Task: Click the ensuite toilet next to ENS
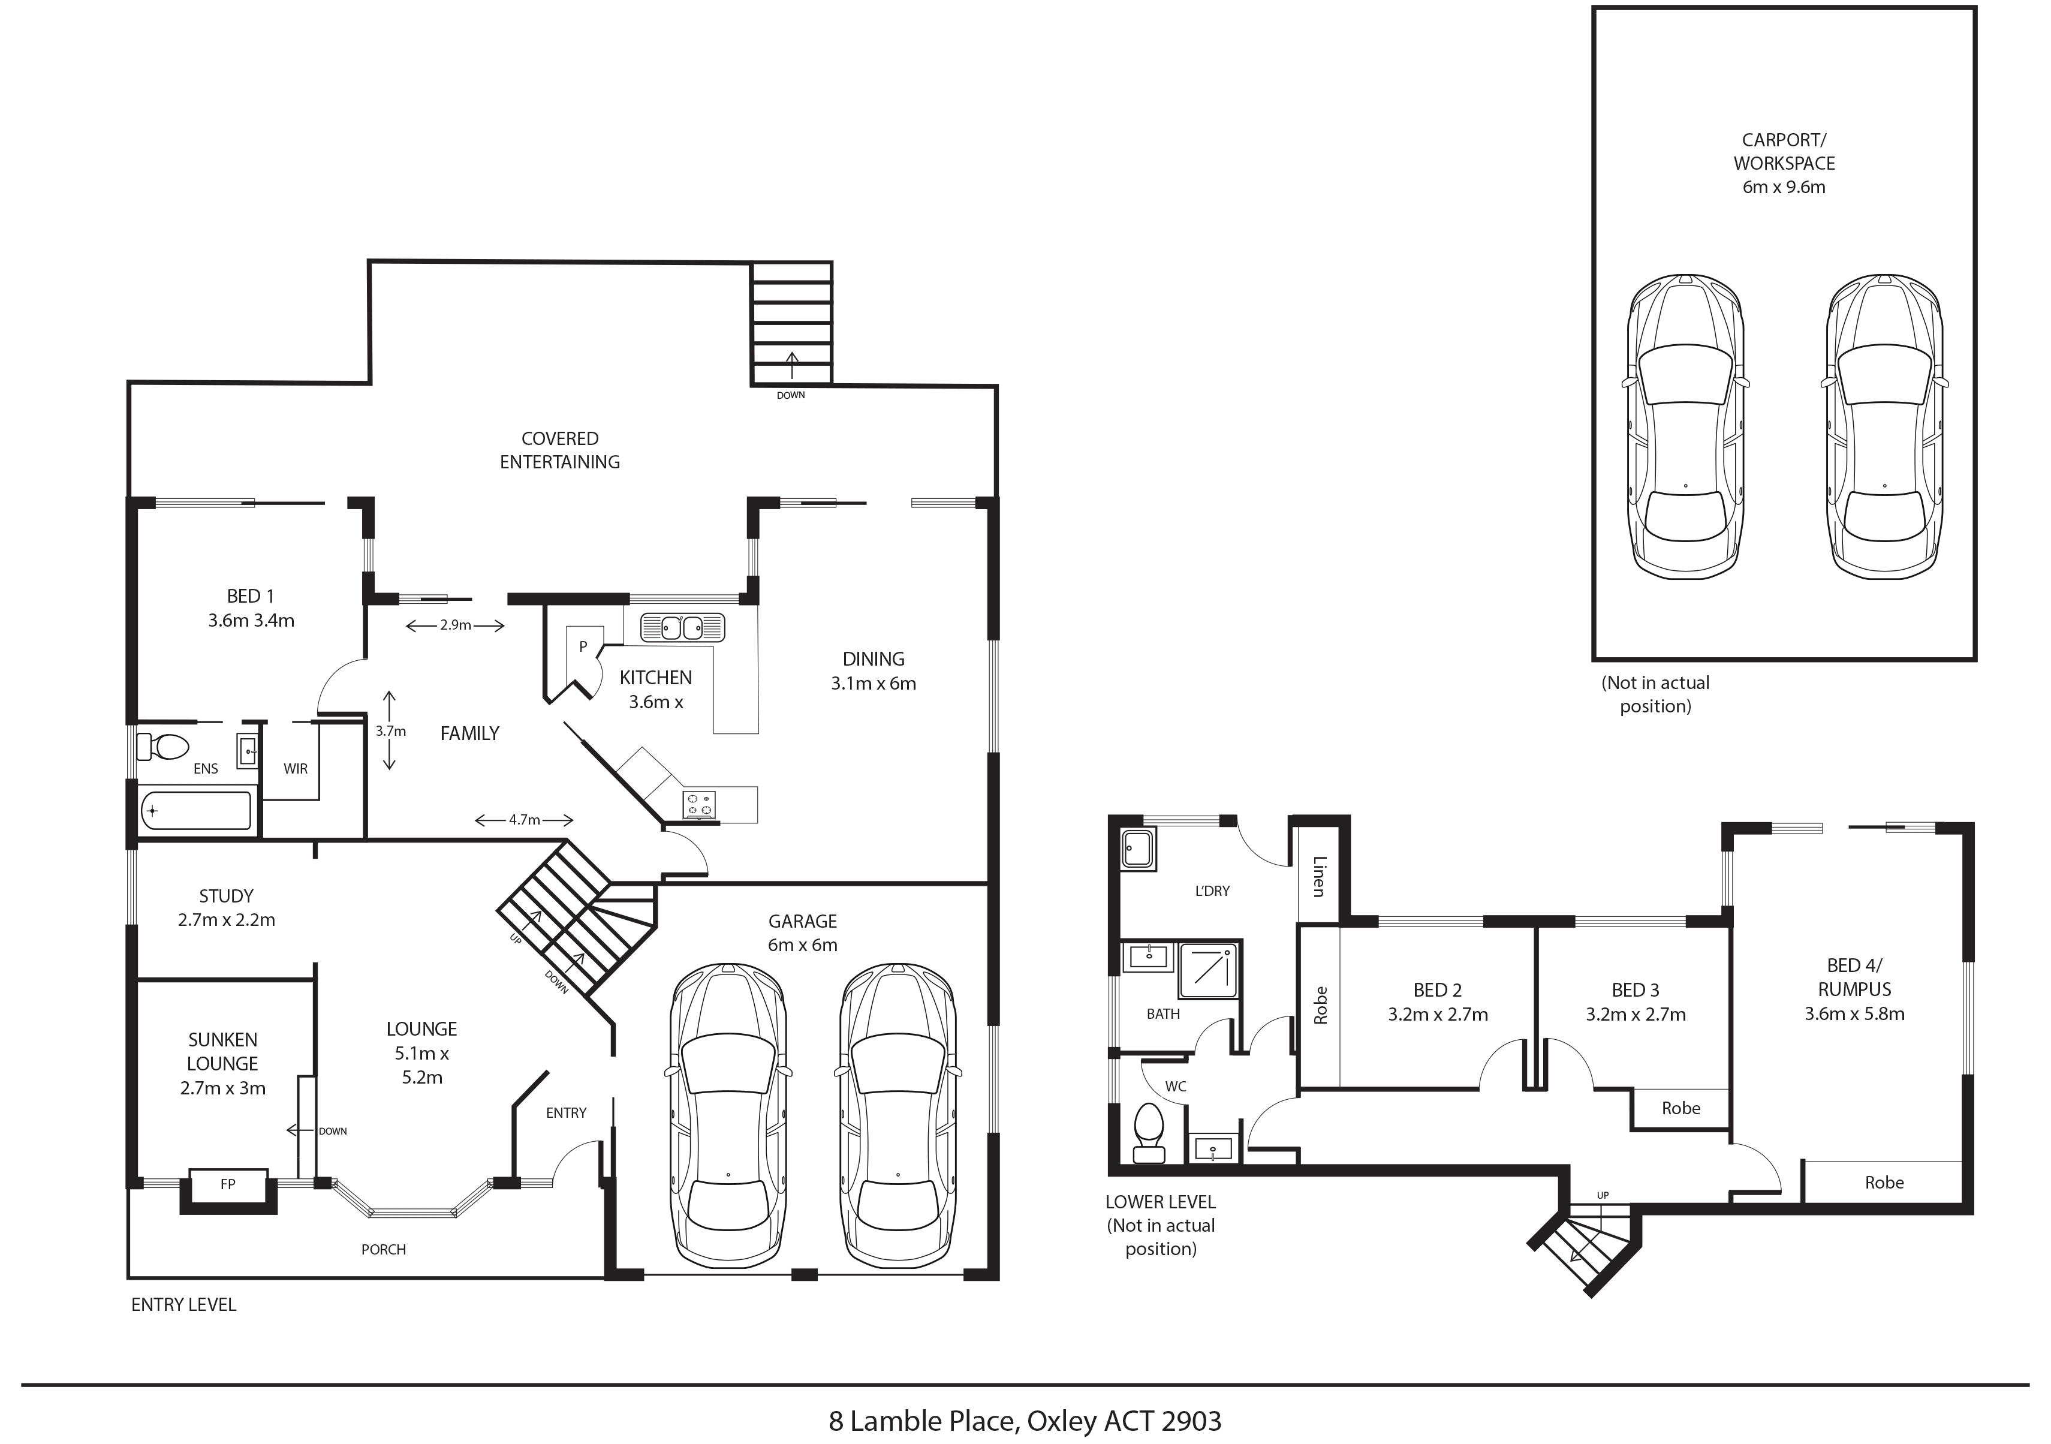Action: coord(162,746)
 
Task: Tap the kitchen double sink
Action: coord(682,627)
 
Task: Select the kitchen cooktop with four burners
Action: coord(698,804)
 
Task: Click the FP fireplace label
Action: coord(228,1184)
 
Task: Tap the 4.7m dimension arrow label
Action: coord(525,819)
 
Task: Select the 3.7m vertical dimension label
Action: coord(390,731)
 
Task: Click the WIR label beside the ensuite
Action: coord(296,768)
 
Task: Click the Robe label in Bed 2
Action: coord(1320,1005)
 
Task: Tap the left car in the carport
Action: coord(1685,427)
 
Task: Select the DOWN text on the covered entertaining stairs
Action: coord(791,395)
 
